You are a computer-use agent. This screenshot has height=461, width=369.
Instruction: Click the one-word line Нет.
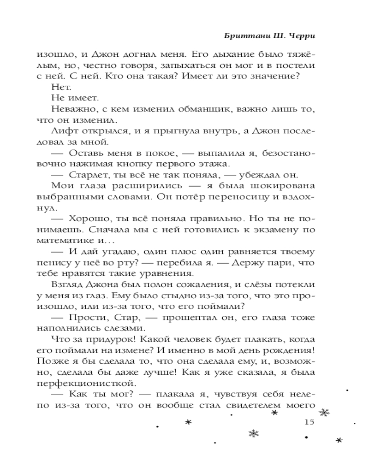[60, 86]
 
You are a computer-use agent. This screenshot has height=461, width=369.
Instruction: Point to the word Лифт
[61, 131]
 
